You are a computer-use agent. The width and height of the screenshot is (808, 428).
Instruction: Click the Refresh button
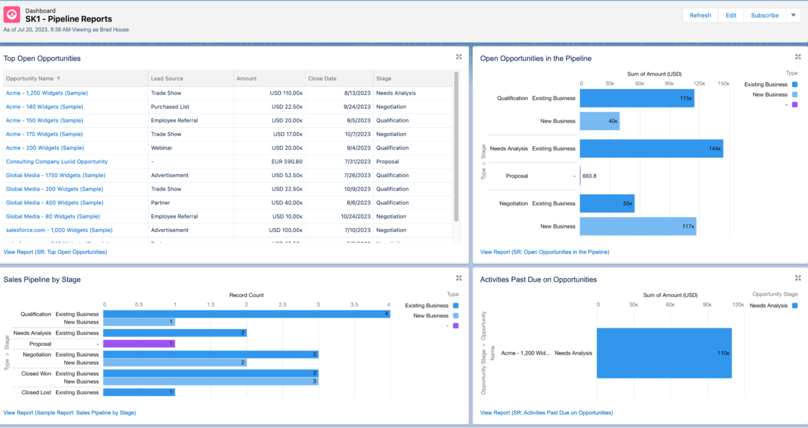tap(700, 15)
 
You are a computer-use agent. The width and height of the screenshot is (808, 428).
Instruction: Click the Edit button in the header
tap(731, 15)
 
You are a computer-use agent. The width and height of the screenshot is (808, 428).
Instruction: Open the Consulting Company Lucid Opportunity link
tap(57, 162)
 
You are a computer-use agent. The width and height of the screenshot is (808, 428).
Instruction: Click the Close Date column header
tap(322, 78)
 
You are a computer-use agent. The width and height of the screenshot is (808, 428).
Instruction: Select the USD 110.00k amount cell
tap(286, 93)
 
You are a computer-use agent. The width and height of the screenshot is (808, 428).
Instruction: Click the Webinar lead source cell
tap(162, 148)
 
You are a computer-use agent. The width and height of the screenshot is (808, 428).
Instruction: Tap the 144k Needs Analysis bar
tap(651, 149)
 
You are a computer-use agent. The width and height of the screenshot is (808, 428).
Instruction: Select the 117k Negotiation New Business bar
tap(637, 227)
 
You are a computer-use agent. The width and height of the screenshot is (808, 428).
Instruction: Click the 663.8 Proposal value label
tap(589, 176)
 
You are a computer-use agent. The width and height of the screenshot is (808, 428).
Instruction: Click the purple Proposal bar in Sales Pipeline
tap(139, 344)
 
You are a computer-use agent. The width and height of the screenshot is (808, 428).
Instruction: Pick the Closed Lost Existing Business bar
tap(139, 392)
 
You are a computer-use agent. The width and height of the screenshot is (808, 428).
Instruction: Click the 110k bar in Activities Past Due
tap(664, 353)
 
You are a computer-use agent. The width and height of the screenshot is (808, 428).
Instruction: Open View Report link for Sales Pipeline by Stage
tap(70, 413)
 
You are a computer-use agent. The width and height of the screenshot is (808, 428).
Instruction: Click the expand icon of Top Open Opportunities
tap(459, 57)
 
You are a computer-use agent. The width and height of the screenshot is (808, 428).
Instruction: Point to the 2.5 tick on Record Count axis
tap(282, 304)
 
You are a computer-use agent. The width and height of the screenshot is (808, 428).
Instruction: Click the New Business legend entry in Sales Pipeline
tap(431, 316)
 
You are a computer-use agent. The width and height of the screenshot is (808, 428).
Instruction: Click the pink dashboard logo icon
tap(12, 14)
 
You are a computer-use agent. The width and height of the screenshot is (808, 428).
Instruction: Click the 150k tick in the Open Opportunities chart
tap(723, 84)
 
